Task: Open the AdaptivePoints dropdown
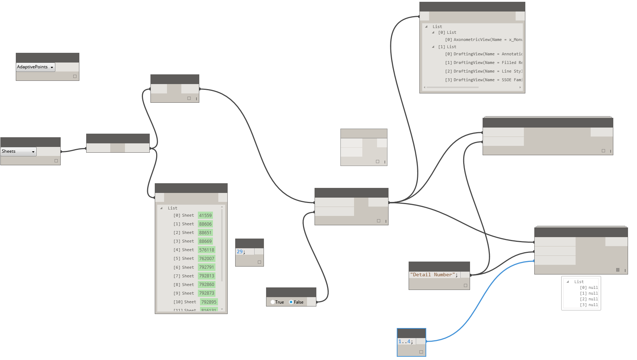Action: (x=36, y=67)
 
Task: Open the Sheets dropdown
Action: (x=19, y=152)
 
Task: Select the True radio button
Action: (x=273, y=302)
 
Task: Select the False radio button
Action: (x=291, y=302)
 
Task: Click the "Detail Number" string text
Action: (x=434, y=275)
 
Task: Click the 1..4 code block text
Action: (x=405, y=342)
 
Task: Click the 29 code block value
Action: (x=240, y=252)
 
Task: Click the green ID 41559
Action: (x=205, y=216)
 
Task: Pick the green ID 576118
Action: (x=206, y=250)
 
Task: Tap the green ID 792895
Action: (x=209, y=302)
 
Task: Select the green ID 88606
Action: (x=205, y=224)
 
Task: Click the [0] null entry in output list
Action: (x=589, y=288)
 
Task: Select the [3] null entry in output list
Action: (x=589, y=305)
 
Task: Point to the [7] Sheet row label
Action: (x=184, y=276)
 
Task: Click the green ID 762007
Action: (x=206, y=259)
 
